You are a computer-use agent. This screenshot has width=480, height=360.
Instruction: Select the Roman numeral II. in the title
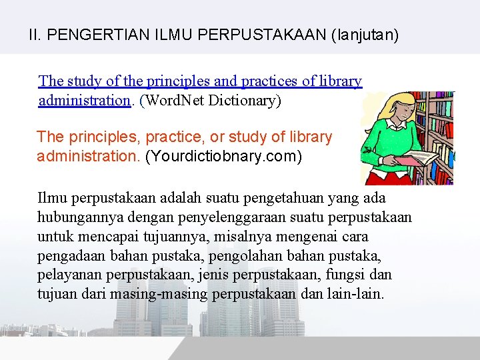pyautogui.click(x=36, y=35)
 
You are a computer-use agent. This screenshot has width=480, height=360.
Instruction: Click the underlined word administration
pyautogui.click(x=84, y=101)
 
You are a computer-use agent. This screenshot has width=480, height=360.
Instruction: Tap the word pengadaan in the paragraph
pyautogui.click(x=69, y=256)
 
